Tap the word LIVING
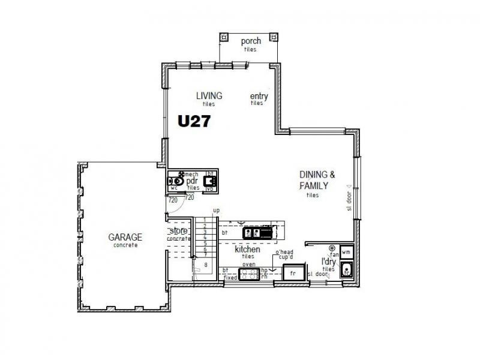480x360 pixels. point(209,95)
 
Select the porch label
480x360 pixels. point(250,41)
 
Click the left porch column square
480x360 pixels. point(224,37)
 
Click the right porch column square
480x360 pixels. point(275,37)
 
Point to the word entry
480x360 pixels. point(259,97)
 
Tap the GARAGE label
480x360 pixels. point(125,237)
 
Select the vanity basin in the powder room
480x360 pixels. point(209,180)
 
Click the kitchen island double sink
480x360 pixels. point(251,232)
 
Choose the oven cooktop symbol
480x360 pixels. point(248,275)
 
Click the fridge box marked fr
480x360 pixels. point(293,274)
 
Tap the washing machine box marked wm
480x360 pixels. point(346,252)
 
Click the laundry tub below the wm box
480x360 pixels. point(346,271)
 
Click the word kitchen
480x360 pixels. point(247,249)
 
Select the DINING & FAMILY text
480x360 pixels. point(317,180)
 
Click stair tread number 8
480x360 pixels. point(205,264)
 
